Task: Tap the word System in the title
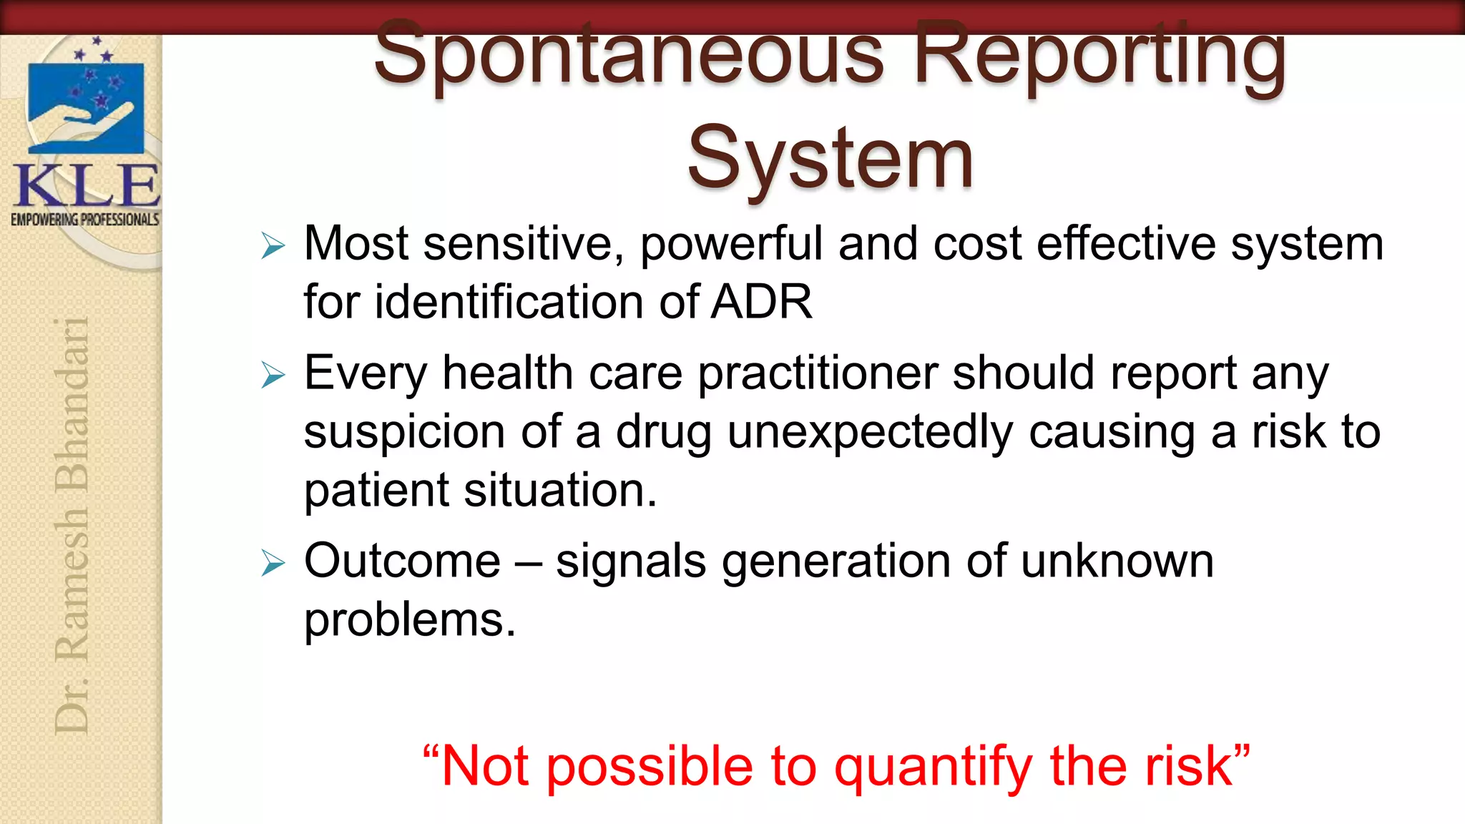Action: point(830,159)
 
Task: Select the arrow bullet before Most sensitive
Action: point(273,246)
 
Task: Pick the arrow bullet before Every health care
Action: point(273,375)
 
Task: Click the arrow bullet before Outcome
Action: point(273,563)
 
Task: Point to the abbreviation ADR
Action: point(761,302)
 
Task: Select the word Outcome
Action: point(402,561)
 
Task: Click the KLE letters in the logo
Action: point(86,186)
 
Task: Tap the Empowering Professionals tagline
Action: point(84,220)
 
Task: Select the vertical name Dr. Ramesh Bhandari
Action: point(72,526)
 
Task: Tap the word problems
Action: point(409,620)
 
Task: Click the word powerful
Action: point(731,245)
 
